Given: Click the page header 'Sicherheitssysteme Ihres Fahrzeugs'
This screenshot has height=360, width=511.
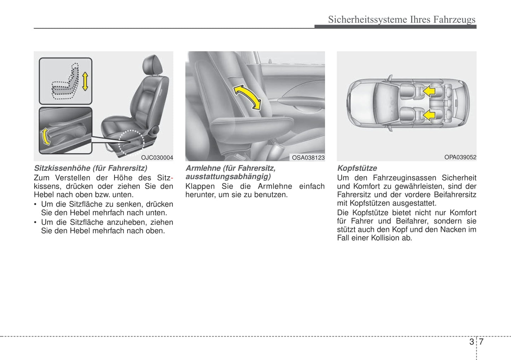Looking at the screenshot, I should point(401,19).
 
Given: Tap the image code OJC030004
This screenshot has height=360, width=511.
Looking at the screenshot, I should point(157,158).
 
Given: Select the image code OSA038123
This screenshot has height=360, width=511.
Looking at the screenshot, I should point(308,158).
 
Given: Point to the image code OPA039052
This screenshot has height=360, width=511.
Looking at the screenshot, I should point(460,157).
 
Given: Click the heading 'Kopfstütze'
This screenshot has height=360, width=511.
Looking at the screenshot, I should point(357,168).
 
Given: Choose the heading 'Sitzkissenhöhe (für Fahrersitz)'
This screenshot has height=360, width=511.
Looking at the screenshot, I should point(91,168).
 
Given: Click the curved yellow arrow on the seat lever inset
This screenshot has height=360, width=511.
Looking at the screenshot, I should point(45,137).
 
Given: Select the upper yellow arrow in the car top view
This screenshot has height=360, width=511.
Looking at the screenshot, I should point(429,91).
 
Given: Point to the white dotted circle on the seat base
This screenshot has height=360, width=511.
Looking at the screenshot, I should point(131,143).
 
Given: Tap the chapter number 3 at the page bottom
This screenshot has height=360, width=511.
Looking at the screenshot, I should point(471,342).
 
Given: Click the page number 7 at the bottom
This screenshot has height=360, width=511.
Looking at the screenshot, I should point(481,342).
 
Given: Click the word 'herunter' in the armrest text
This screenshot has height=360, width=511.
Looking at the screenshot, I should point(199,195).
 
